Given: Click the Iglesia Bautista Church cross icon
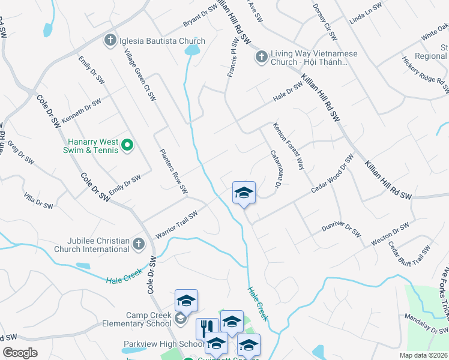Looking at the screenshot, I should [109, 41].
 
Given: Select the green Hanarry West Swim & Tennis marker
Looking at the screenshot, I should [127, 145].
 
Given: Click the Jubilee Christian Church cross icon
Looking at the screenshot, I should [139, 244].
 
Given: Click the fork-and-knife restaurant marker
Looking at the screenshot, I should [208, 328].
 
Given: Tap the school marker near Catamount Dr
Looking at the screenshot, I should [244, 193].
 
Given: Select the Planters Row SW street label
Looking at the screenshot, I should [173, 171].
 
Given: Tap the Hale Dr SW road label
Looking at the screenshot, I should [288, 91].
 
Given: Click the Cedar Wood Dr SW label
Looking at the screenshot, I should [333, 173].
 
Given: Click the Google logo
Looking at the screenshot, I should [20, 353].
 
